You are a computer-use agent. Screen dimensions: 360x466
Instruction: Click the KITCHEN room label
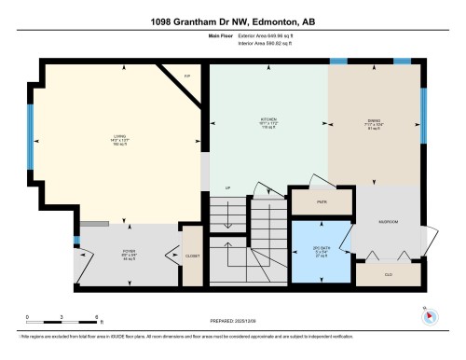(x=267, y=121)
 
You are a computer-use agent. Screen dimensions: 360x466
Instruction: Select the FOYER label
(x=130, y=253)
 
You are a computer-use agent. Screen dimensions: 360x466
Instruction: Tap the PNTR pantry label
(x=320, y=201)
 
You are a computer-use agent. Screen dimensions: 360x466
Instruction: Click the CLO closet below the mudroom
(x=389, y=274)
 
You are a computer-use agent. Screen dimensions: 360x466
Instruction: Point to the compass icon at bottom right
(x=429, y=314)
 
